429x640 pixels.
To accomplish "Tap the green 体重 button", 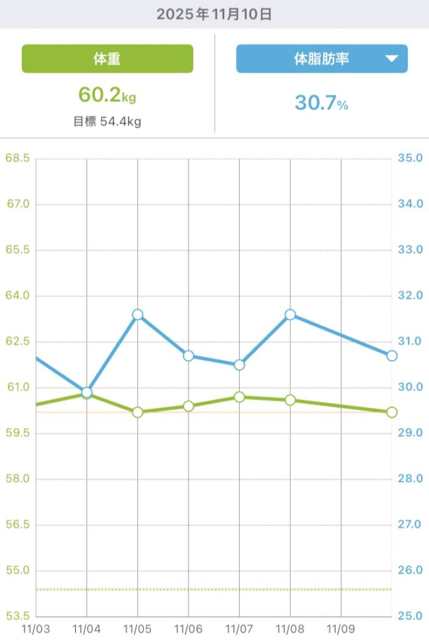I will pyautogui.click(x=107, y=59).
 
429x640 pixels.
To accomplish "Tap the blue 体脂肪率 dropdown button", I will pyautogui.click(x=322, y=59).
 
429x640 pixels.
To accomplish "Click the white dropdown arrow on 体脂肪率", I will pyautogui.click(x=392, y=59).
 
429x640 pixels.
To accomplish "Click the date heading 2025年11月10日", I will pyautogui.click(x=214, y=14).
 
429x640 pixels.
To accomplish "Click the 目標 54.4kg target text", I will pyautogui.click(x=107, y=121).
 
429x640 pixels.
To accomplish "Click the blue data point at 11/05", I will pyautogui.click(x=137, y=314).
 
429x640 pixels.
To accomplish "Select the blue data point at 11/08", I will pyautogui.click(x=290, y=314).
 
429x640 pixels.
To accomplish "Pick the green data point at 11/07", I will pyautogui.click(x=239, y=397).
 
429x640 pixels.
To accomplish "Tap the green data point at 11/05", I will pyautogui.click(x=137, y=412).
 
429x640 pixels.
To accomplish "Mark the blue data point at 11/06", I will pyautogui.click(x=189, y=356).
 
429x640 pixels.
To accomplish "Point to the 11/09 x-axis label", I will pyautogui.click(x=341, y=626).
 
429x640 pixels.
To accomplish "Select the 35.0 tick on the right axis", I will pyautogui.click(x=410, y=158).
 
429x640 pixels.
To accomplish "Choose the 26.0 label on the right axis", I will pyautogui.click(x=410, y=571).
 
